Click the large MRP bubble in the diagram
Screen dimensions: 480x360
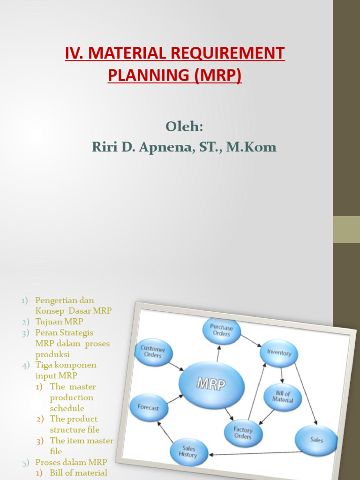pos(211,384)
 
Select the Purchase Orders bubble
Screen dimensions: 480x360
pos(221,331)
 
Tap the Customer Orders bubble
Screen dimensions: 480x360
pos(153,352)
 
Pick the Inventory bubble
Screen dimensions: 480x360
pos(279,353)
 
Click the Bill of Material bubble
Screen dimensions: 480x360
pos(283,397)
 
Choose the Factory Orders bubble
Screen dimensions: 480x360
pos(243,433)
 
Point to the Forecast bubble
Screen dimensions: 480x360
pos(148,407)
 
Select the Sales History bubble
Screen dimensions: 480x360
pos(188,451)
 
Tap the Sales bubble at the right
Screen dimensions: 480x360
pos(316,440)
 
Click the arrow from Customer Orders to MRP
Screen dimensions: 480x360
pos(176,366)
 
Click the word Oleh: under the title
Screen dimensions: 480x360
pos(184,127)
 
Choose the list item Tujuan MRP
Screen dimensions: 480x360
pos(59,322)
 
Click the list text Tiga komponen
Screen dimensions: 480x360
pos(66,365)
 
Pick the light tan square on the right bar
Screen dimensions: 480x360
pos(346,229)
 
